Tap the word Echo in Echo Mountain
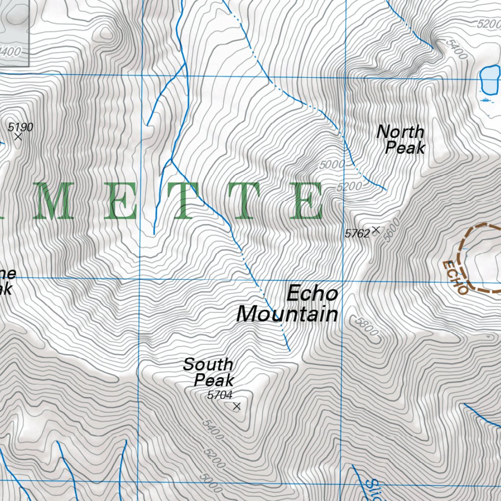(312, 294)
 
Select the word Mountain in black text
(287, 314)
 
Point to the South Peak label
(209, 372)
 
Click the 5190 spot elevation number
(21, 128)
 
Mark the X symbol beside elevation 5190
(18, 137)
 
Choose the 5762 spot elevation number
(357, 234)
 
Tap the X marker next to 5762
(376, 229)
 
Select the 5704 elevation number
(219, 395)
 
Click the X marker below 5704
(237, 406)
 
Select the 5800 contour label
(367, 326)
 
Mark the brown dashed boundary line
(463, 245)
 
